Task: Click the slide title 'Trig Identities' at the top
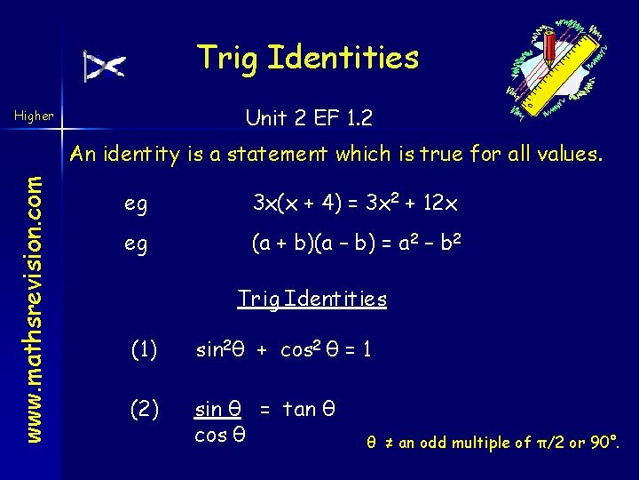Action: (308, 58)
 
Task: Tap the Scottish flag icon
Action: (105, 67)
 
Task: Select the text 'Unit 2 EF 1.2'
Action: (308, 116)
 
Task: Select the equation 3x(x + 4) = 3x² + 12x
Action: (355, 203)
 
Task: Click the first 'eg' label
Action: (136, 204)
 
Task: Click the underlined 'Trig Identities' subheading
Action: (312, 299)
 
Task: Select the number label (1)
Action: (144, 350)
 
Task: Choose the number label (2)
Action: (144, 410)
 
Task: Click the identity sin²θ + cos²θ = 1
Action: (283, 350)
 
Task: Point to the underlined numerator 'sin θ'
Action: (218, 410)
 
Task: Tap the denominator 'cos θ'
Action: (219, 436)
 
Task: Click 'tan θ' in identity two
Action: (308, 410)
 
